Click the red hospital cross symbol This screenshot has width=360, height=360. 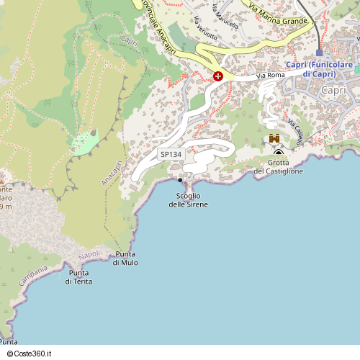[218, 76]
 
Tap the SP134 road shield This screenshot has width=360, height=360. [171, 155]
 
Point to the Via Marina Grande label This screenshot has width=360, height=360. [278, 14]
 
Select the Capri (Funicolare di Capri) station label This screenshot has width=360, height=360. [319, 69]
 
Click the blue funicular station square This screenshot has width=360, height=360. [319, 53]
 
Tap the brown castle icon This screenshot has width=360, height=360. [274, 138]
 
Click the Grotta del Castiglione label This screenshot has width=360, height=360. [279, 167]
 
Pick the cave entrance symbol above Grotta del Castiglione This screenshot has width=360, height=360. [279, 153]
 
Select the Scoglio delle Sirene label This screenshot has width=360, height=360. [188, 200]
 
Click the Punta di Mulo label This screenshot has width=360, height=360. [125, 258]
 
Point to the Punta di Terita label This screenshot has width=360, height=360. [79, 276]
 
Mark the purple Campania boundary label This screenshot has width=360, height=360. [33, 275]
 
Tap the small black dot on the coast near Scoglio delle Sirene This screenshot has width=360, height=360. [180, 180]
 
